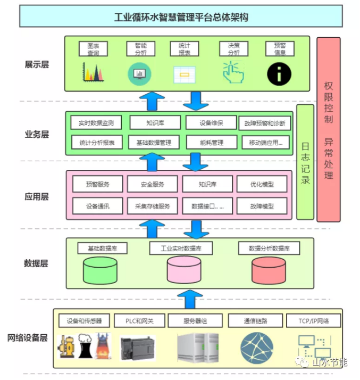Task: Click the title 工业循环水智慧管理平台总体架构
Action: point(181,17)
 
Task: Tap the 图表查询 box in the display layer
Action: point(93,49)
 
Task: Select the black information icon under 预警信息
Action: point(279,73)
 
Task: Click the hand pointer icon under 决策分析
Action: point(232,72)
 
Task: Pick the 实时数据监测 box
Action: point(96,123)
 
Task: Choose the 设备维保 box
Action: point(211,123)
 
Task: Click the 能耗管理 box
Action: point(211,143)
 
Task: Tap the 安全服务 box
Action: point(152,184)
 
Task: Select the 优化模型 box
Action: point(262,184)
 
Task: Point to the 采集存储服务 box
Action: point(152,206)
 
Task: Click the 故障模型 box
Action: point(262,206)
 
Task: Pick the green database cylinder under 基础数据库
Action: point(101,271)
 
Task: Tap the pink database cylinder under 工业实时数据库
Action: point(184,271)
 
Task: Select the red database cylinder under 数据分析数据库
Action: point(269,271)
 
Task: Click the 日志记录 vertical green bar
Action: point(305,162)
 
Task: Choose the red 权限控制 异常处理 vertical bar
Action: point(328,129)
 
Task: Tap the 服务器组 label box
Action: point(195,321)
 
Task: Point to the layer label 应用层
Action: point(37,196)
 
